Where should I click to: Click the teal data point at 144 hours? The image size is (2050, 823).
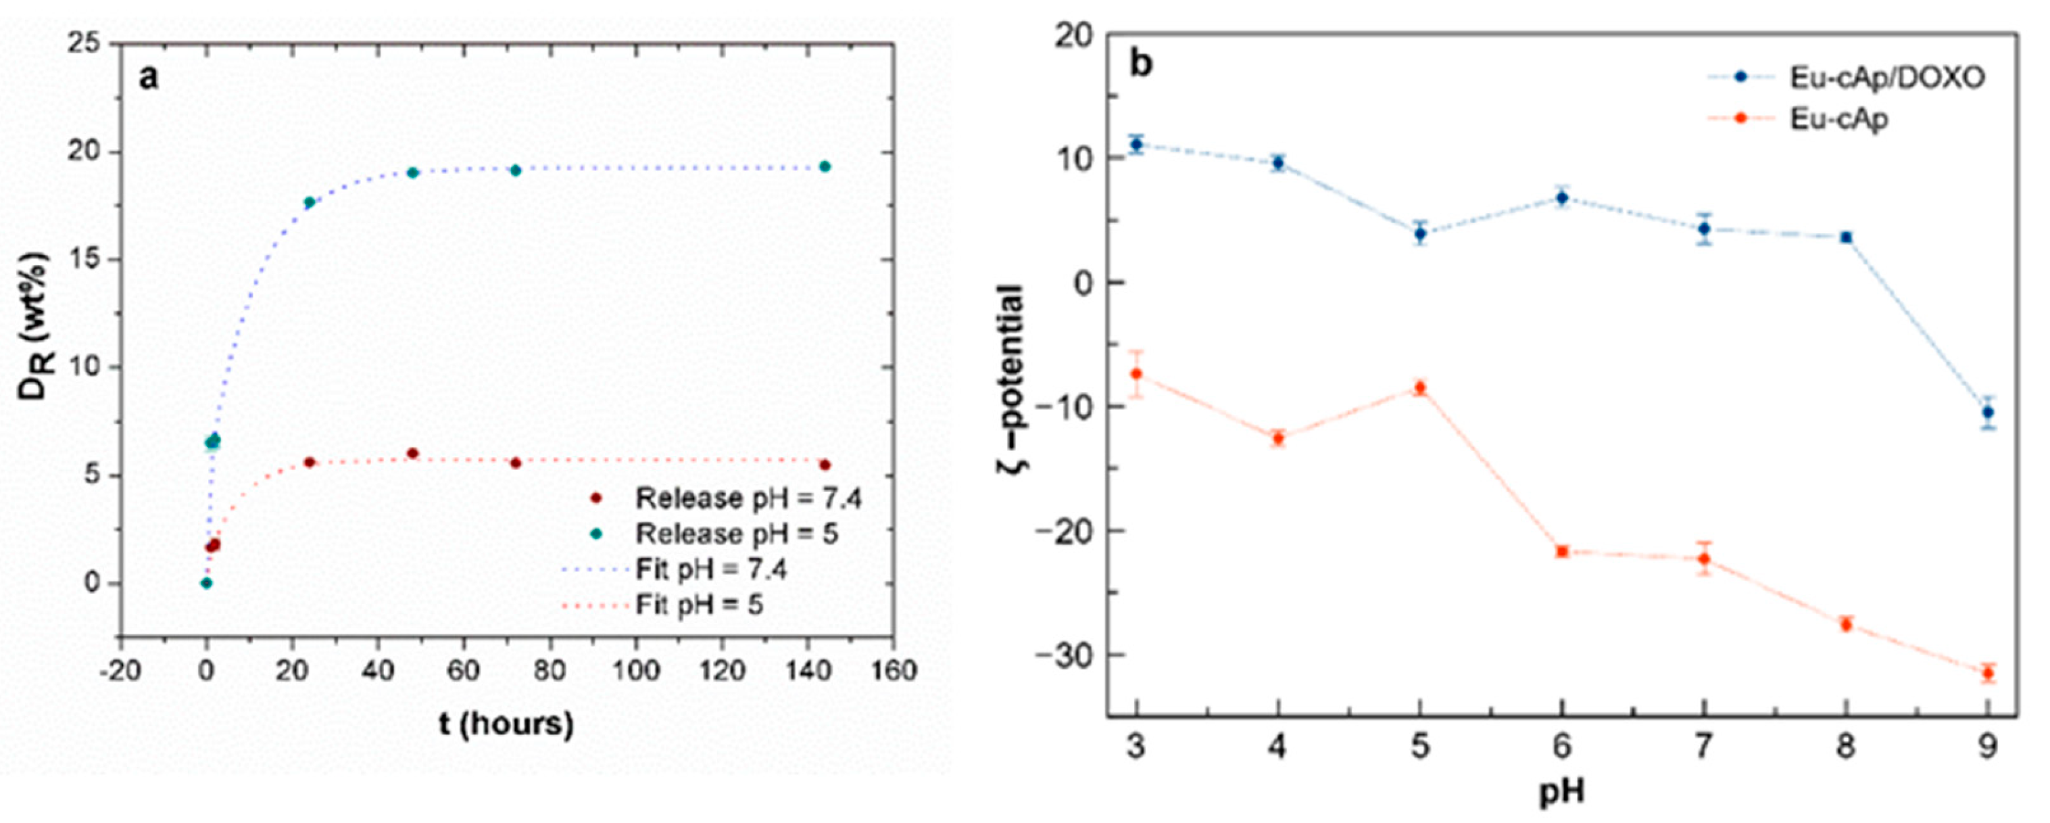[x=825, y=166]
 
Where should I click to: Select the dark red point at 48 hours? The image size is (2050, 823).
[x=412, y=454]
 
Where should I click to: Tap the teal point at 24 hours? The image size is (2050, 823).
[x=310, y=202]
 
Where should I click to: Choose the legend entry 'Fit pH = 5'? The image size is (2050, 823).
[x=698, y=605]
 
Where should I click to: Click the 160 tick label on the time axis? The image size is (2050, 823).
[x=894, y=670]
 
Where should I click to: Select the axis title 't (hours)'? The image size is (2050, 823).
[x=506, y=724]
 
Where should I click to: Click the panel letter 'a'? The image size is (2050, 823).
[x=149, y=77]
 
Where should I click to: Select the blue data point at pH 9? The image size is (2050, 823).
[x=1987, y=413]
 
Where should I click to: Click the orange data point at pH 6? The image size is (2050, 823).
[x=1561, y=550]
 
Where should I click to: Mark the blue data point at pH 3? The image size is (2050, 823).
[x=1136, y=144]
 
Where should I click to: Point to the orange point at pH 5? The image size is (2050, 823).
[x=1419, y=387]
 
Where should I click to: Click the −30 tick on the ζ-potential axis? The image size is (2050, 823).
[x=1071, y=654]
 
